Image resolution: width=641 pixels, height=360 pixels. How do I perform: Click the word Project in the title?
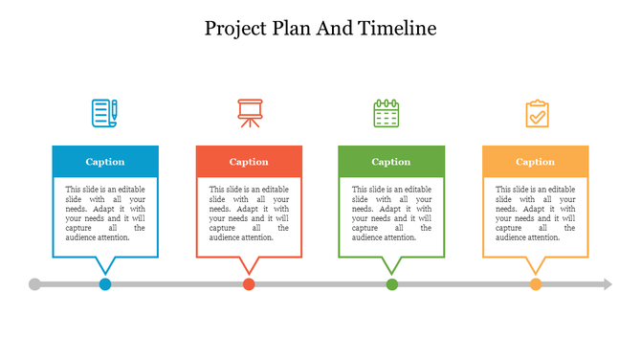tap(234, 29)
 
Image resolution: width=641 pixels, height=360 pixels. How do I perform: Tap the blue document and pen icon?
tap(104, 113)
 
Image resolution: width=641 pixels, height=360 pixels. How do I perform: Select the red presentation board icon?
tap(249, 113)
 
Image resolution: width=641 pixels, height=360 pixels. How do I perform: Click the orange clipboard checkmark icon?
tap(537, 113)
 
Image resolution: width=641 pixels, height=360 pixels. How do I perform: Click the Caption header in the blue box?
tap(105, 162)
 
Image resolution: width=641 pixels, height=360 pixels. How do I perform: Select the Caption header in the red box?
tap(249, 162)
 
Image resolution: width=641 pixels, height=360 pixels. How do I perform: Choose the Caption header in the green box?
tap(391, 162)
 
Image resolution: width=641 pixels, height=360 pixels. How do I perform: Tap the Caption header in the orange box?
tap(536, 162)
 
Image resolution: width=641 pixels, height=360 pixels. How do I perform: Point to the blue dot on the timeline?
tap(105, 284)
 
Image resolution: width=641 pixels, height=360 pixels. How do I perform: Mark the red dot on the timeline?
tap(249, 284)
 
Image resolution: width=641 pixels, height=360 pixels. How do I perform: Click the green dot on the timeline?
tap(392, 284)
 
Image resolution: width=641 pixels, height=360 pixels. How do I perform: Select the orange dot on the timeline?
tap(536, 284)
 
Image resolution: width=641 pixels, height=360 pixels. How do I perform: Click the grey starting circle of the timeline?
tap(35, 284)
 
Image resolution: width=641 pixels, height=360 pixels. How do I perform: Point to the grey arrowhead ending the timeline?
tap(607, 284)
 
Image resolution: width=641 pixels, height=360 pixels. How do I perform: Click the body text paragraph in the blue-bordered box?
tap(105, 214)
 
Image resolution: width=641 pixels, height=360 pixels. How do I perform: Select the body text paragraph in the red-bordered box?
tap(249, 214)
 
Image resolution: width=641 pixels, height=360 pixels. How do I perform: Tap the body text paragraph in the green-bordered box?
tap(391, 214)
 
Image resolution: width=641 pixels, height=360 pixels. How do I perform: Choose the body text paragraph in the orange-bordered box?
tap(536, 214)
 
